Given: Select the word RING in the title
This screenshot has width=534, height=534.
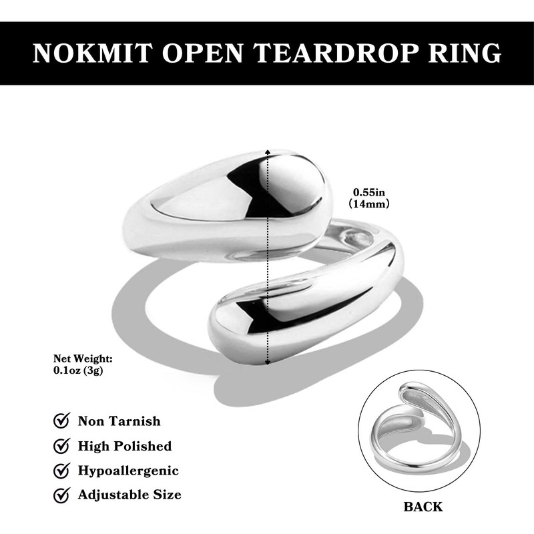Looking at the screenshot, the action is (x=463, y=53).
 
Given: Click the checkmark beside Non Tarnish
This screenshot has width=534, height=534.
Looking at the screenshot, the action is (x=61, y=421).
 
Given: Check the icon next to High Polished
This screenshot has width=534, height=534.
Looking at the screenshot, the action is (x=61, y=446).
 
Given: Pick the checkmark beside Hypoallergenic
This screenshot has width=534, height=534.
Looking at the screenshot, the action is (x=61, y=471).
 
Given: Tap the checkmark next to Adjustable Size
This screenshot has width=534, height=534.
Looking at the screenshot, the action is (x=61, y=495).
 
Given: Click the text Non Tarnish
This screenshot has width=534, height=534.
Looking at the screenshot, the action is (x=119, y=421).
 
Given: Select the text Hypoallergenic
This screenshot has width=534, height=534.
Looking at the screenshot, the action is (x=128, y=471).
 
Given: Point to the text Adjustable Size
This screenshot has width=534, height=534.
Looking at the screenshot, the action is (x=129, y=495).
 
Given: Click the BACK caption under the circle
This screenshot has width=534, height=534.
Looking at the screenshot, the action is (x=423, y=507).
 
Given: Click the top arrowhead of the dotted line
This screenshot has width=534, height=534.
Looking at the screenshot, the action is (x=268, y=152).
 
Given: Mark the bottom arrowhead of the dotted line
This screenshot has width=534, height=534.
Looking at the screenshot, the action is (x=268, y=362).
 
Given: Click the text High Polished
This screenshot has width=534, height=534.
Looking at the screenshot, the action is (x=125, y=446).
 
